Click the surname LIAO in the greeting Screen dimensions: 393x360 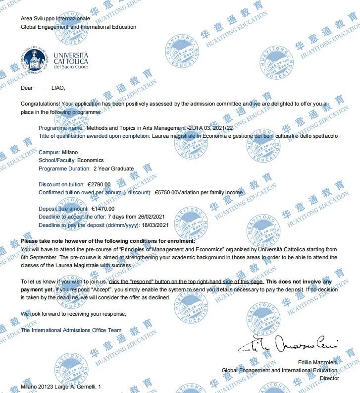(58, 88)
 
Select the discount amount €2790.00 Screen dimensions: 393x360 (99, 184)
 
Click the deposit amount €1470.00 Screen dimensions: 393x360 (103, 209)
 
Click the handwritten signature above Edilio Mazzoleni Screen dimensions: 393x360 (287, 344)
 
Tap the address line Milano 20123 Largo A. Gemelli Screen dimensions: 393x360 (61, 386)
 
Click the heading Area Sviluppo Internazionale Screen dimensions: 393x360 (55, 19)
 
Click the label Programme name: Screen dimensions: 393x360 (61, 127)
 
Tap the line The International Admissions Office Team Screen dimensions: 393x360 (71, 330)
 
